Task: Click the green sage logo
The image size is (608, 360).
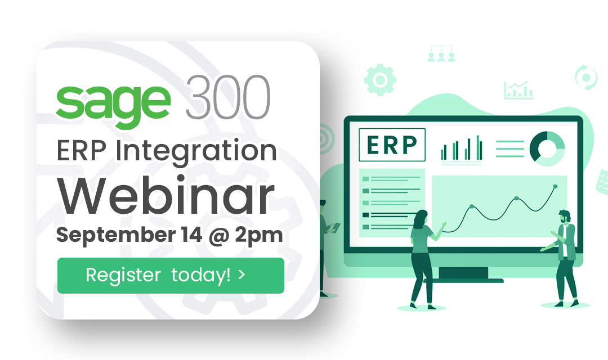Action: click(113, 101)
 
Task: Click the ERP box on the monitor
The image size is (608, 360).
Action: click(392, 145)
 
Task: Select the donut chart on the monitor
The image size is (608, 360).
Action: click(547, 147)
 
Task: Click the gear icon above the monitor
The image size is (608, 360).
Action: click(379, 79)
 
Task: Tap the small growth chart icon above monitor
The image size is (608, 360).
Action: click(518, 90)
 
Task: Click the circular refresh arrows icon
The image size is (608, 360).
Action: click(585, 76)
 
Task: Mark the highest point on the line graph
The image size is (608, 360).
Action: click(555, 186)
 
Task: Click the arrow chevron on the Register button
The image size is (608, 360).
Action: click(242, 275)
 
